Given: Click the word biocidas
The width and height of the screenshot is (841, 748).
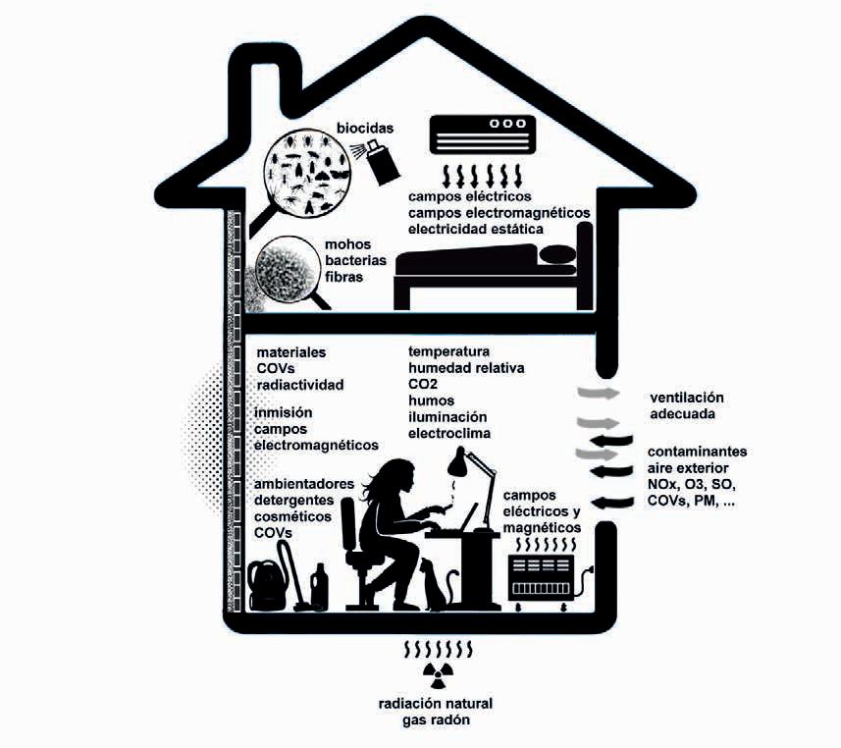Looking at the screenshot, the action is (x=365, y=128).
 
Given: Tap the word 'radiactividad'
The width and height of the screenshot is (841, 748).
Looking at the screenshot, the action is (x=299, y=384).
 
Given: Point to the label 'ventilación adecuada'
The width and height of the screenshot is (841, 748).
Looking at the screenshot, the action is (x=686, y=406).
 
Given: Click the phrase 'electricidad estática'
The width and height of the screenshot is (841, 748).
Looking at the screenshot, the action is (x=477, y=229).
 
